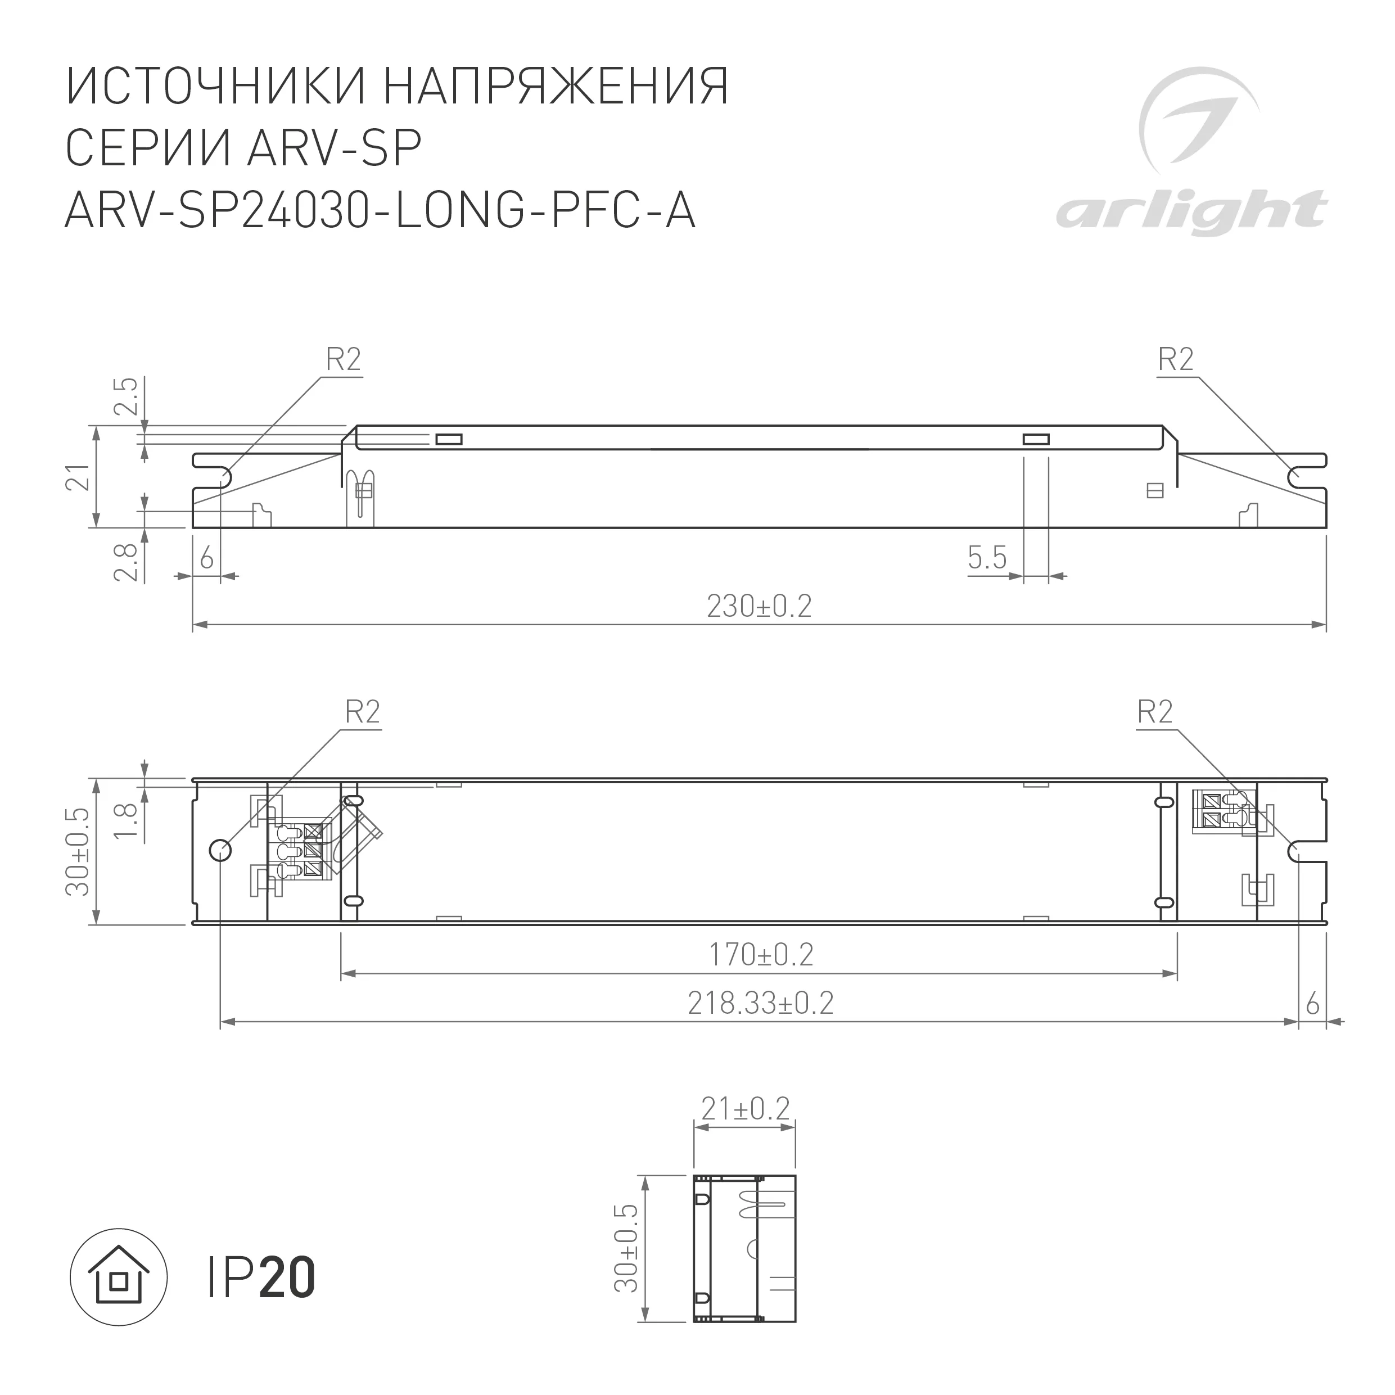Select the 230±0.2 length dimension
759,607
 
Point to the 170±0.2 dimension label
760,955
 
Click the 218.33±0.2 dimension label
760,1004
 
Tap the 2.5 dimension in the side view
127,396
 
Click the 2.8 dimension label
127,562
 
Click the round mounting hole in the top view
220,851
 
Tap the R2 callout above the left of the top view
362,712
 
